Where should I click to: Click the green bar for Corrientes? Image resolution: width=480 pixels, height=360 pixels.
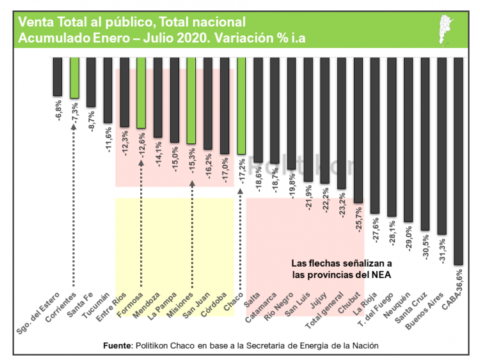click(x=74, y=77)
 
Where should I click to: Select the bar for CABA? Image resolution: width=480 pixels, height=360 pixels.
click(x=458, y=160)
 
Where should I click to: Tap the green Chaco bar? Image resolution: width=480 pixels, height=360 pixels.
click(x=241, y=106)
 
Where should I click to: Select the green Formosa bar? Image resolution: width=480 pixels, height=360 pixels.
click(x=141, y=93)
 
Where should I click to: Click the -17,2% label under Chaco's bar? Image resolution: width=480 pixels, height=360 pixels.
click(x=242, y=173)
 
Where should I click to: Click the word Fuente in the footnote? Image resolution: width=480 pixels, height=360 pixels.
click(x=117, y=345)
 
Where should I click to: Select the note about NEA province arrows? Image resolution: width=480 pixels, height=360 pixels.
click(x=341, y=269)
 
